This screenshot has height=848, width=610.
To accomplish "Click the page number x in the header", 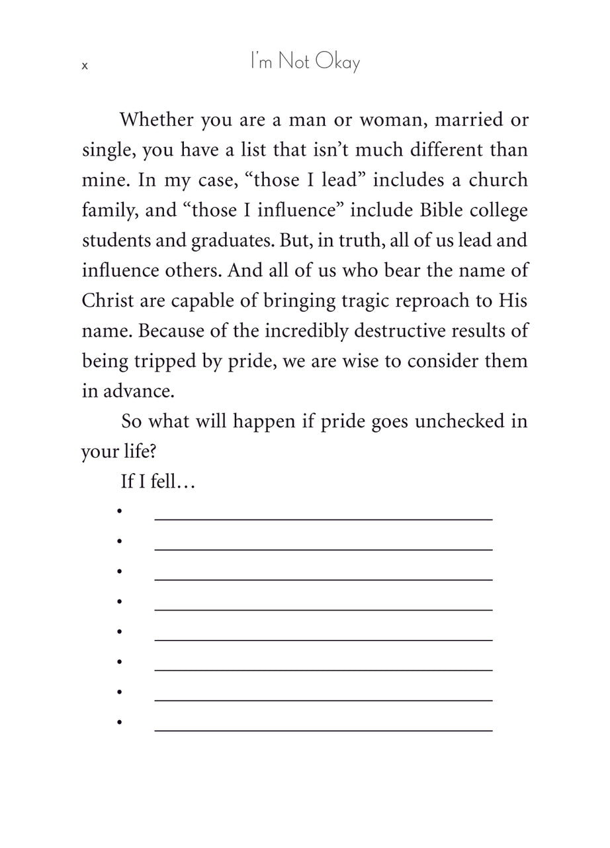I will click(85, 66).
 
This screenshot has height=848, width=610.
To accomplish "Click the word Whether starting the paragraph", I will click(157, 121).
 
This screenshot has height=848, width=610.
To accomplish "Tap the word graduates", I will click(225, 240).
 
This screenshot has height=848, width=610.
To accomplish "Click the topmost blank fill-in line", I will click(323, 519).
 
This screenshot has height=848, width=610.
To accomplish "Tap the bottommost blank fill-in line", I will click(323, 730).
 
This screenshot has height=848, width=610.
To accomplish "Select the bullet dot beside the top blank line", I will click(120, 511).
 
